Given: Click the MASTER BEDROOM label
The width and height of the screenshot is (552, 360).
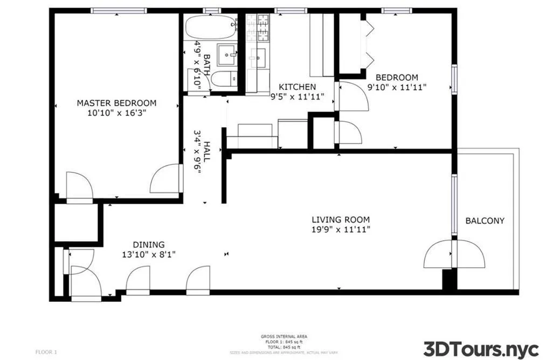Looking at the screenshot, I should (116, 103).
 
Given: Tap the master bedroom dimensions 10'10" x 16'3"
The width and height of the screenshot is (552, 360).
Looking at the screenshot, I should (116, 113).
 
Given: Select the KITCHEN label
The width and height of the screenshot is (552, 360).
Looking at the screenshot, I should (297, 87).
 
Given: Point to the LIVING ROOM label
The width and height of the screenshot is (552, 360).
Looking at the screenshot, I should (341, 219).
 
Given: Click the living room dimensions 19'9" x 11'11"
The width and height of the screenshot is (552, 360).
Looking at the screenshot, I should (341, 230).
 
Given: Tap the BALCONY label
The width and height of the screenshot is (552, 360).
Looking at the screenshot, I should (485, 220).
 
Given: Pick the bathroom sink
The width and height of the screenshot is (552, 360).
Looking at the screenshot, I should (227, 54).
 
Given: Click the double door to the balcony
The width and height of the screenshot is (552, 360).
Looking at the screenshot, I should (454, 254).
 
